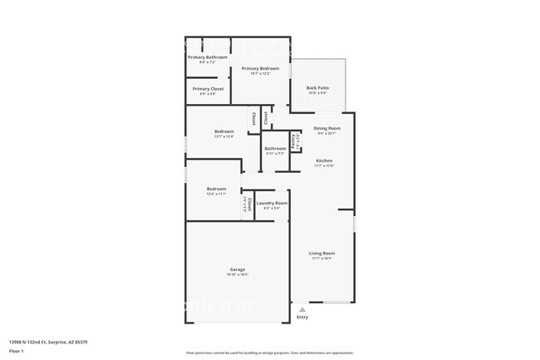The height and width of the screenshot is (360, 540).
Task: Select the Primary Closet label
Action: point(208,88)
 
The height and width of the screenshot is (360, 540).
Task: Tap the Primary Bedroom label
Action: point(260,68)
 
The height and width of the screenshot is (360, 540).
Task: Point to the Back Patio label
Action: point(317,87)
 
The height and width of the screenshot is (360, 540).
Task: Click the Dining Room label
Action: point(326,128)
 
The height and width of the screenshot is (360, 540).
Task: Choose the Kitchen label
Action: point(324,160)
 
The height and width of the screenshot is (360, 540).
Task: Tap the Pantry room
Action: point(294,141)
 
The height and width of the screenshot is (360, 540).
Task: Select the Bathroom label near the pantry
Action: point(275,148)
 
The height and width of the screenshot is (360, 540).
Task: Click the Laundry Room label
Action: point(272,203)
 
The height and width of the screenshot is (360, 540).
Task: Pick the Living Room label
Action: point(322,253)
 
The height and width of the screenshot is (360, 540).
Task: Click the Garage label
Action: point(238,269)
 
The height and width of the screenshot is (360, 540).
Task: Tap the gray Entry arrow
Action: point(302,308)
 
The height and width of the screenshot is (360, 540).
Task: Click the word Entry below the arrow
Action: point(302,317)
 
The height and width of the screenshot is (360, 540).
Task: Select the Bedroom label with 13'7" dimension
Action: point(224,131)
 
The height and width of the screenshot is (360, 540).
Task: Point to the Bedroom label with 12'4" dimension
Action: point(216,189)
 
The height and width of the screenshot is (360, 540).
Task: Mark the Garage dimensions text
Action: point(238,274)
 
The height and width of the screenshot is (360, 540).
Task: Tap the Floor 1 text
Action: point(17,351)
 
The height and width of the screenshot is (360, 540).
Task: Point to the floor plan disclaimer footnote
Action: point(269,353)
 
